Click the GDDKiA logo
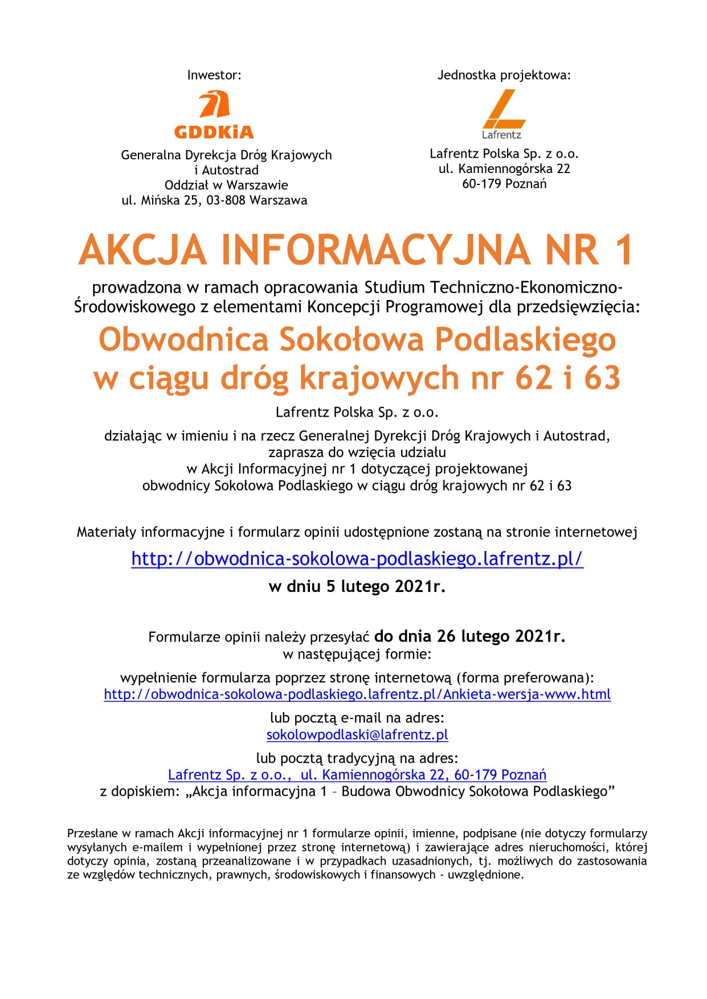pos(214,116)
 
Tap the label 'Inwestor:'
pos(214,75)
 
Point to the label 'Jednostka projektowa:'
pos(504,75)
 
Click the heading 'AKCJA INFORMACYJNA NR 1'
pos(356,250)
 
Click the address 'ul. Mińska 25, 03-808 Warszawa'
pos(214,200)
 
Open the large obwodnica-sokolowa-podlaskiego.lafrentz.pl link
pos(357,558)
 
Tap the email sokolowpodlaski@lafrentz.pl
pos(357,735)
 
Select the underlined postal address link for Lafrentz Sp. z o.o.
pos(357,775)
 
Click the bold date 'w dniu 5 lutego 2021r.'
pos(357,586)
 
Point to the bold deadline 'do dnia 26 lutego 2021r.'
pos(469,636)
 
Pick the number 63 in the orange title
pos(602,378)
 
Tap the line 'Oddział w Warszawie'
pos(226,185)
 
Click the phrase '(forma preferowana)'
pos(525,677)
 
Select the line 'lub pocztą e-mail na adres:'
pos(357,718)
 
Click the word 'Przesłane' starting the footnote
pos(92,833)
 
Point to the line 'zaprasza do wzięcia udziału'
pos(357,453)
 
